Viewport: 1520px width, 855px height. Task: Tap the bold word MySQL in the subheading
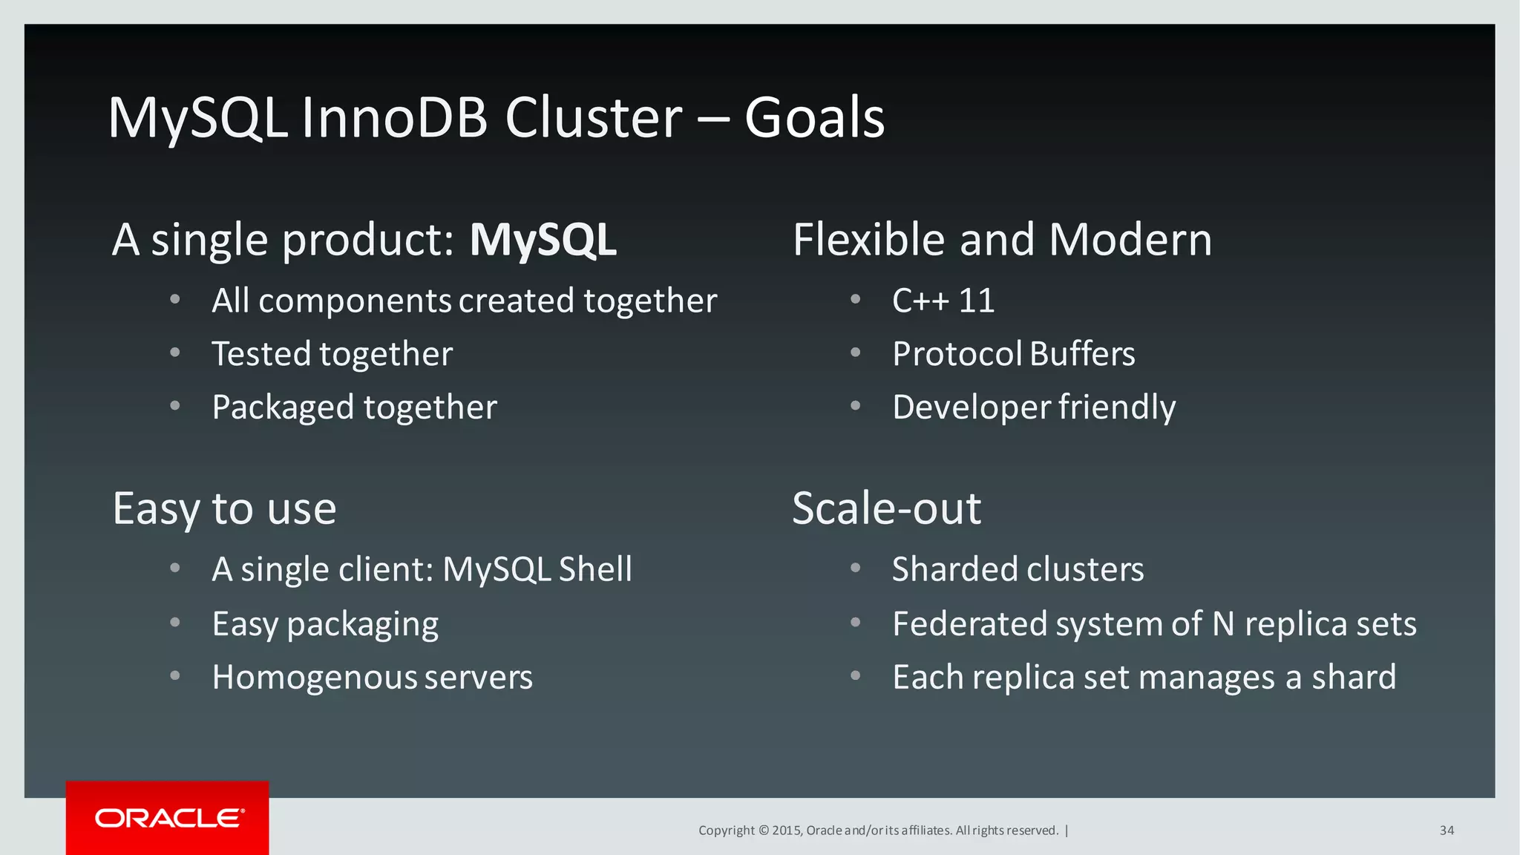543,240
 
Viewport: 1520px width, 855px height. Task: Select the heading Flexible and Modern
1002,240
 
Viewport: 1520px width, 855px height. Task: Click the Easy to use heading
224,509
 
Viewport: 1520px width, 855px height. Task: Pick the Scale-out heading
886,509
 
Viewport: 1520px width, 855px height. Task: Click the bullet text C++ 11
943,301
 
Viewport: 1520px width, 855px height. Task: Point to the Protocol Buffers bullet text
1013,354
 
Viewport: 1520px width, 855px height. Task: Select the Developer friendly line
1034,407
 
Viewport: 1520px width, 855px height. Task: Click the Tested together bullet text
332,354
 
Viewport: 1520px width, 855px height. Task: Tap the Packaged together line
354,407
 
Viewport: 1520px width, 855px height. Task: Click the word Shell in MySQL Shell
595,569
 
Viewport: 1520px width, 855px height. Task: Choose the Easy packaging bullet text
325,624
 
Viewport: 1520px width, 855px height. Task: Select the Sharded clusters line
1018,569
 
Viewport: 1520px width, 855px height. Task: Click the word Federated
969,624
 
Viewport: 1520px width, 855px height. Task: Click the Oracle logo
168,818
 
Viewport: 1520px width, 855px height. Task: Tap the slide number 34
1447,831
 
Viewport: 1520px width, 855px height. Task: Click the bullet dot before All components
175,300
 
